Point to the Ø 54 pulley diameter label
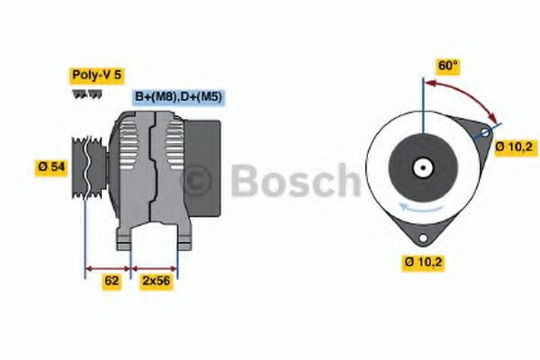pos(52,167)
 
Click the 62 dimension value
pos(112,281)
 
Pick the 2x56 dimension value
pos(156,281)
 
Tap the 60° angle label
pos(446,66)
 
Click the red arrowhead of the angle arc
pos(493,118)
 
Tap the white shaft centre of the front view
pos(420,167)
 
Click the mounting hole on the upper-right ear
pos(485,133)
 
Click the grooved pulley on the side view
pos(87,166)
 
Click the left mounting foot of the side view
pos(125,238)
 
